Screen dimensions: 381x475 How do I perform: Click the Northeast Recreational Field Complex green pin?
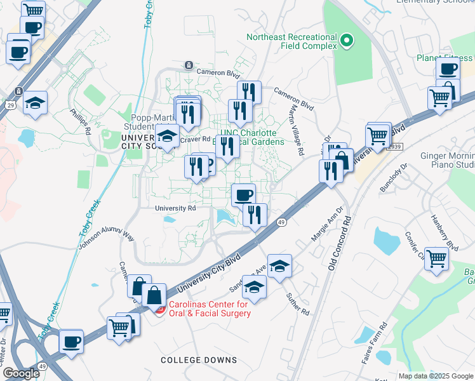click(346, 43)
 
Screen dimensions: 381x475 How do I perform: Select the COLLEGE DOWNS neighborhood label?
click(199, 360)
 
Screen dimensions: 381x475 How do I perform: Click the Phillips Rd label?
click(81, 121)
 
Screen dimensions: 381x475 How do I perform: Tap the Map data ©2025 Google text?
click(435, 376)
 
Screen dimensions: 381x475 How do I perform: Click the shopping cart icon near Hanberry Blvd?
click(437, 258)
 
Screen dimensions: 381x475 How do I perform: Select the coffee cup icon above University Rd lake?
click(243, 194)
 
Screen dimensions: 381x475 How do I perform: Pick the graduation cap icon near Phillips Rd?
click(35, 102)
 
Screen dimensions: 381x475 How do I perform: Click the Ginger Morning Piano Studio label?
click(448, 160)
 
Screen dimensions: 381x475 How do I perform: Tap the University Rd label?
click(175, 208)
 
